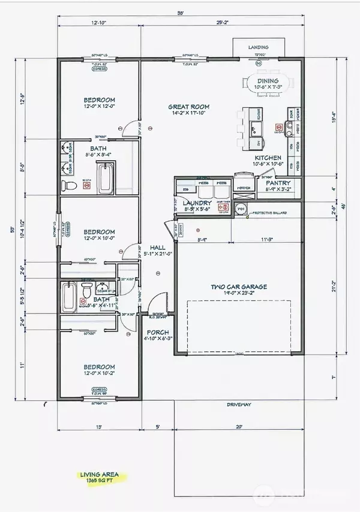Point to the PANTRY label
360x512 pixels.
click(x=278, y=183)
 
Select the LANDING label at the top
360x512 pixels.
click(x=259, y=47)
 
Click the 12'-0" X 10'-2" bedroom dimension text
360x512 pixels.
click(x=99, y=374)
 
